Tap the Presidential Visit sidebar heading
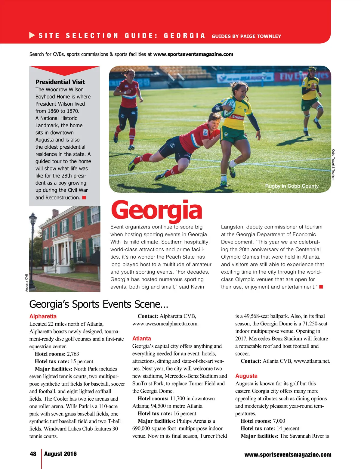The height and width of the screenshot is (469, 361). (x=60, y=82)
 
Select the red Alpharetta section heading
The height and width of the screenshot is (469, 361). (x=43, y=316)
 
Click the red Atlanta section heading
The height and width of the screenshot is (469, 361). (x=141, y=338)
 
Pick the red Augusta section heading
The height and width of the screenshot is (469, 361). (x=246, y=376)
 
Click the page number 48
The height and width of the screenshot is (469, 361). (x=33, y=454)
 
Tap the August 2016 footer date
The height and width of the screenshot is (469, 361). (x=60, y=454)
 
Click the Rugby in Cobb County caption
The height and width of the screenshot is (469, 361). (x=292, y=186)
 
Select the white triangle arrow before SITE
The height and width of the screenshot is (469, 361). (x=32, y=36)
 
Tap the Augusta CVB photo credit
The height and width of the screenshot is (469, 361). (x=26, y=283)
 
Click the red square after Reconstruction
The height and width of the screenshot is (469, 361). (x=84, y=197)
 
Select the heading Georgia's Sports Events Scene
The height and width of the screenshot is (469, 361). (x=98, y=304)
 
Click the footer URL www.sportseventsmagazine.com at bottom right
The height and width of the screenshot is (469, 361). (x=288, y=455)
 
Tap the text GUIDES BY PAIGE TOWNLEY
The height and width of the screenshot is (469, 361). (x=246, y=36)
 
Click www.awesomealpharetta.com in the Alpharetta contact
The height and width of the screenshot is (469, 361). (x=165, y=324)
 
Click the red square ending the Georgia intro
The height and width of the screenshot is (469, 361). (x=321, y=287)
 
